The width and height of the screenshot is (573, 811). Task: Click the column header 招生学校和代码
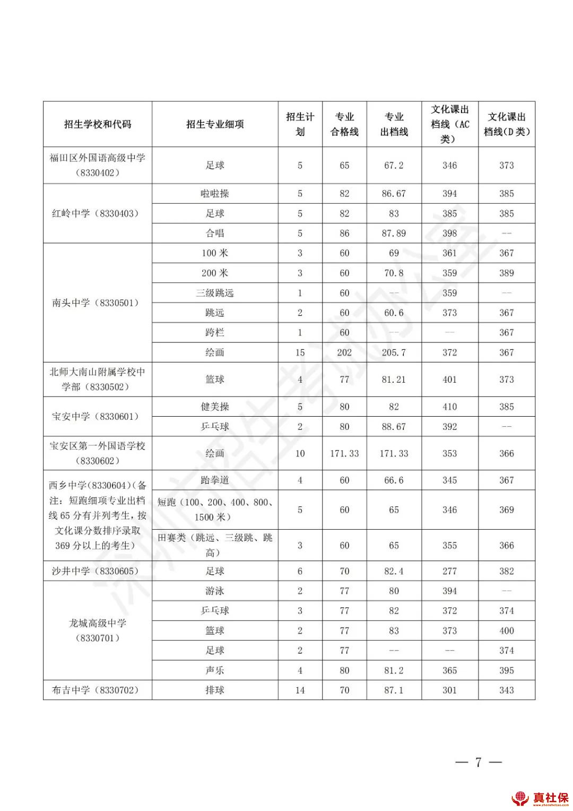tap(98, 124)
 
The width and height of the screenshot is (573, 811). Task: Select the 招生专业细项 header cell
tap(215, 124)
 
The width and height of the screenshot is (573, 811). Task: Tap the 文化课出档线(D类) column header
tap(506, 124)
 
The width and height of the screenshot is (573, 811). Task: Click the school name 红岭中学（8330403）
tap(95, 213)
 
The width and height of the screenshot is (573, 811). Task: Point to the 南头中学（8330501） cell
tap(95, 303)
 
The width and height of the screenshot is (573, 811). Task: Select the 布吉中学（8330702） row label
tap(95, 690)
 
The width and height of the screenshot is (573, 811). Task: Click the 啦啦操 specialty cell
tap(215, 194)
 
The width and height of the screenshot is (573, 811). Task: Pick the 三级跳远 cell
tap(215, 293)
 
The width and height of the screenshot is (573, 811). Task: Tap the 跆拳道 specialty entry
tap(215, 480)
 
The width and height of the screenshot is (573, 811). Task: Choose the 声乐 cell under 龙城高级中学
tap(215, 670)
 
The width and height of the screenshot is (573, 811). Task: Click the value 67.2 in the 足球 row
tap(394, 166)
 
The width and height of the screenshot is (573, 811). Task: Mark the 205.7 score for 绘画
tap(394, 352)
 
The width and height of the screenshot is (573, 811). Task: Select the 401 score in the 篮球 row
tap(449, 379)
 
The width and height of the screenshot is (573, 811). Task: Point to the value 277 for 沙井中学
tap(449, 571)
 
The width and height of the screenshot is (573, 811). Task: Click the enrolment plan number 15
tap(300, 352)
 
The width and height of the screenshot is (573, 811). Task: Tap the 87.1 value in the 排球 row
tap(394, 690)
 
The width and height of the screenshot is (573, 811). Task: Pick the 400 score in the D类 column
tap(506, 631)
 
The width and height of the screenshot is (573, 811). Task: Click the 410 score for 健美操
tap(449, 407)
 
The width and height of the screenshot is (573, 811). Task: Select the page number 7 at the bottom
tap(478, 763)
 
